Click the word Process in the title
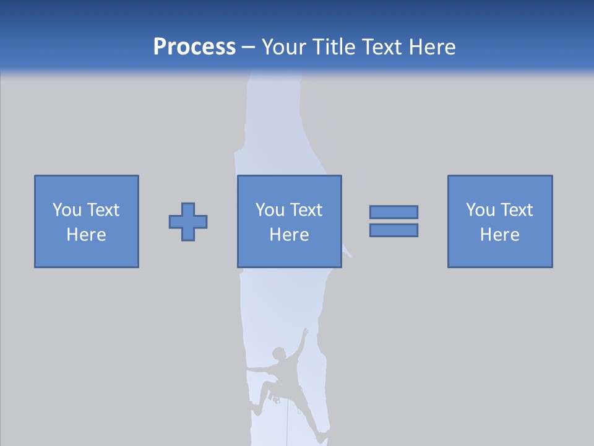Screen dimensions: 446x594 point(194,47)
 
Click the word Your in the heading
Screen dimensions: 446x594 point(285,47)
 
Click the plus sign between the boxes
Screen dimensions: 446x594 point(188,222)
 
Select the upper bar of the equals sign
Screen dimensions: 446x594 point(394,212)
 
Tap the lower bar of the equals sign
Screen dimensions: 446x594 point(394,230)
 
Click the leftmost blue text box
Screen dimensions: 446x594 point(87,221)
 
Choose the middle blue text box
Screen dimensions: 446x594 point(290,221)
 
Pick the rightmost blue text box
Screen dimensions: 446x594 point(500,221)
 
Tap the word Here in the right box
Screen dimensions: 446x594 point(500,235)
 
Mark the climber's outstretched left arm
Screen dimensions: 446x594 point(257,370)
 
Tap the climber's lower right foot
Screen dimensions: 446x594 point(321,438)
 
